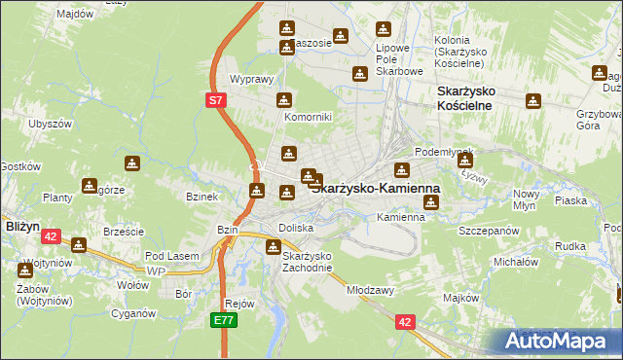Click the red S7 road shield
click(x=217, y=99)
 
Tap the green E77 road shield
click(x=224, y=318)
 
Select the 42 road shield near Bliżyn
click(x=52, y=235)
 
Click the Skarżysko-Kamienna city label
click(x=375, y=187)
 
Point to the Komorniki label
click(x=308, y=117)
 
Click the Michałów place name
click(x=516, y=262)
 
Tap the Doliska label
click(x=296, y=227)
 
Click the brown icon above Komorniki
click(x=283, y=99)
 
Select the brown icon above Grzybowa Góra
click(x=533, y=101)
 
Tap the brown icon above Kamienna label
click(x=431, y=202)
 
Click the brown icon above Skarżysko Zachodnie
click(x=274, y=246)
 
